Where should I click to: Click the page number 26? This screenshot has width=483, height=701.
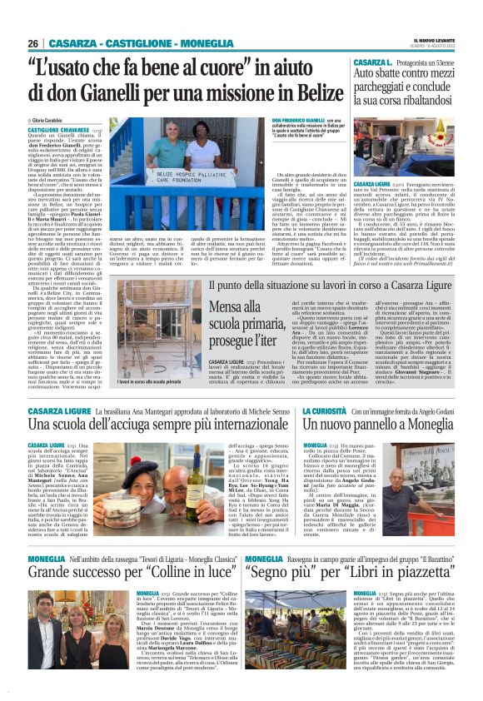pyautogui.click(x=33, y=43)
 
